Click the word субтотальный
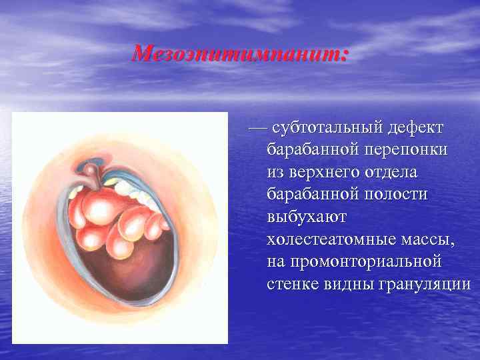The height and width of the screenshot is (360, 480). point(324,127)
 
